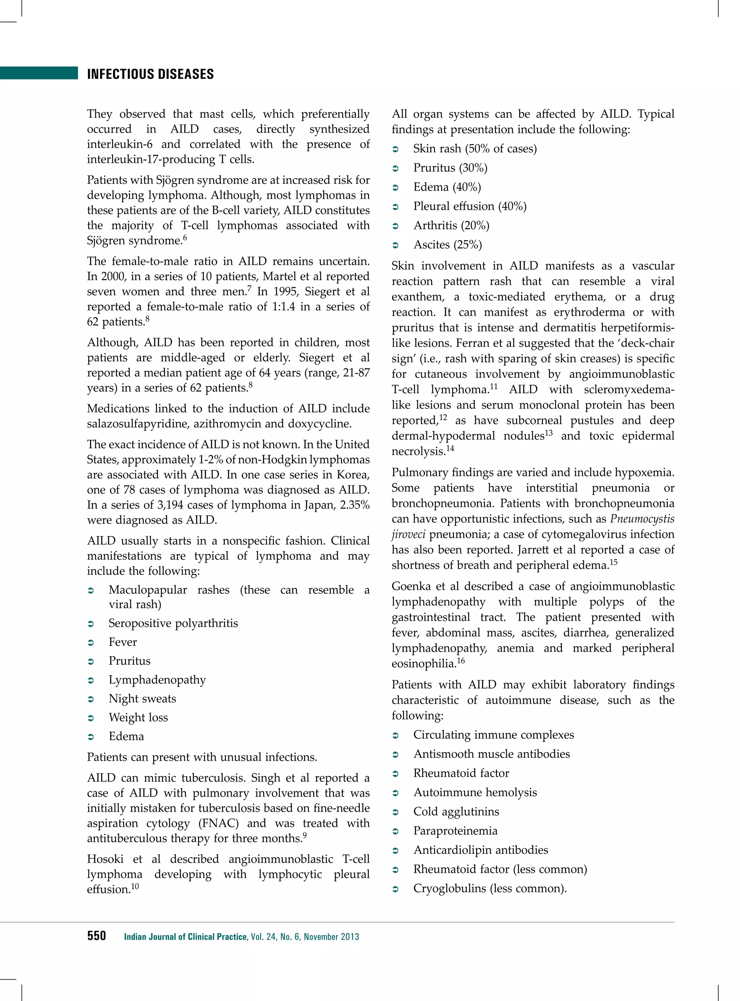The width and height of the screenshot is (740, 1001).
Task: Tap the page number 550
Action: pyautogui.click(x=96, y=936)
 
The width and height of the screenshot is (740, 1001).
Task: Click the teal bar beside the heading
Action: pyautogui.click(x=39, y=73)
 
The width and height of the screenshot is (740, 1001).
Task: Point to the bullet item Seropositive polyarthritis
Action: pyautogui.click(x=173, y=623)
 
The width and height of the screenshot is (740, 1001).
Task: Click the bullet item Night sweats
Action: pyautogui.click(x=142, y=698)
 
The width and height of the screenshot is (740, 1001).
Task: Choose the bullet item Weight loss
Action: pyautogui.click(x=138, y=717)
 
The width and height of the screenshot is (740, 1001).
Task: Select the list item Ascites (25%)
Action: pyautogui.click(x=447, y=245)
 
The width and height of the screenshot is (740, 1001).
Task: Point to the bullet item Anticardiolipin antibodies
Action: pyautogui.click(x=480, y=850)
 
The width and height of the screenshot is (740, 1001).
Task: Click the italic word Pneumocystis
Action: pyautogui.click(x=642, y=519)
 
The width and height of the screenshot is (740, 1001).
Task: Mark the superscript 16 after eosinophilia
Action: pyautogui.click(x=461, y=661)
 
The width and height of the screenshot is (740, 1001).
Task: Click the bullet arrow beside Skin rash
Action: pyautogui.click(x=396, y=149)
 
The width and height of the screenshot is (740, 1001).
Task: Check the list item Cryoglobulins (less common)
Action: pyautogui.click(x=490, y=888)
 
